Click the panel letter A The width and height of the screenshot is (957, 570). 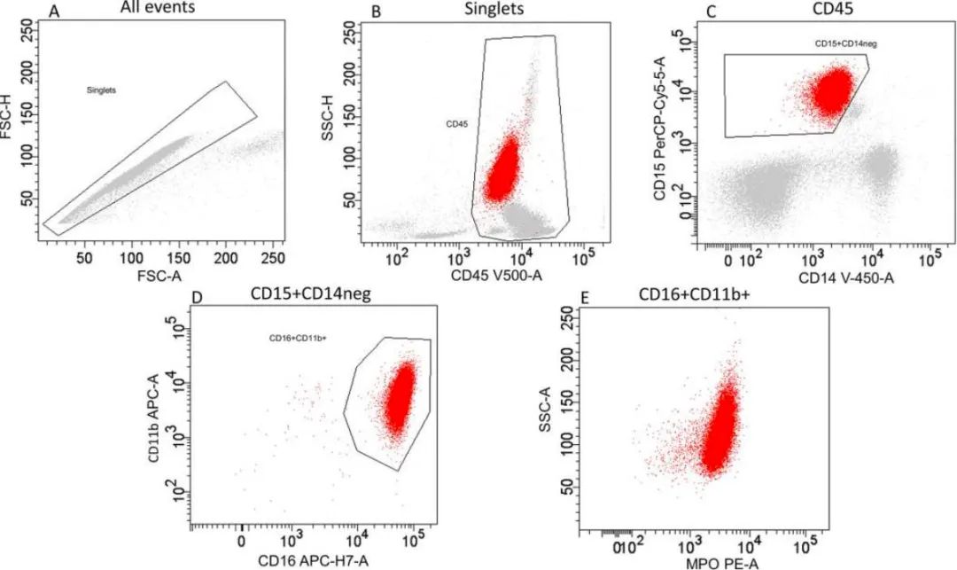point(54,11)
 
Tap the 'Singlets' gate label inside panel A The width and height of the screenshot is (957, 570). point(101,90)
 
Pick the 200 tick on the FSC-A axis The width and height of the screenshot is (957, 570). point(225,258)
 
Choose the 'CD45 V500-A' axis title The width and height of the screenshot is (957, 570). point(496,275)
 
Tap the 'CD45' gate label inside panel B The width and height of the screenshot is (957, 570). point(456,124)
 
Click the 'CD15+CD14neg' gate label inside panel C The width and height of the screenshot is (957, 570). point(846,43)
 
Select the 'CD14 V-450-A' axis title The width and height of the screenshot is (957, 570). point(847,278)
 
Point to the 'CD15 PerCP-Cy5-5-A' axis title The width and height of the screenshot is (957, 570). point(659,127)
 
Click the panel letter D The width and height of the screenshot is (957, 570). point(197,297)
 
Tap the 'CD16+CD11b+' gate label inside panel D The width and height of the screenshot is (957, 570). point(299,338)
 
